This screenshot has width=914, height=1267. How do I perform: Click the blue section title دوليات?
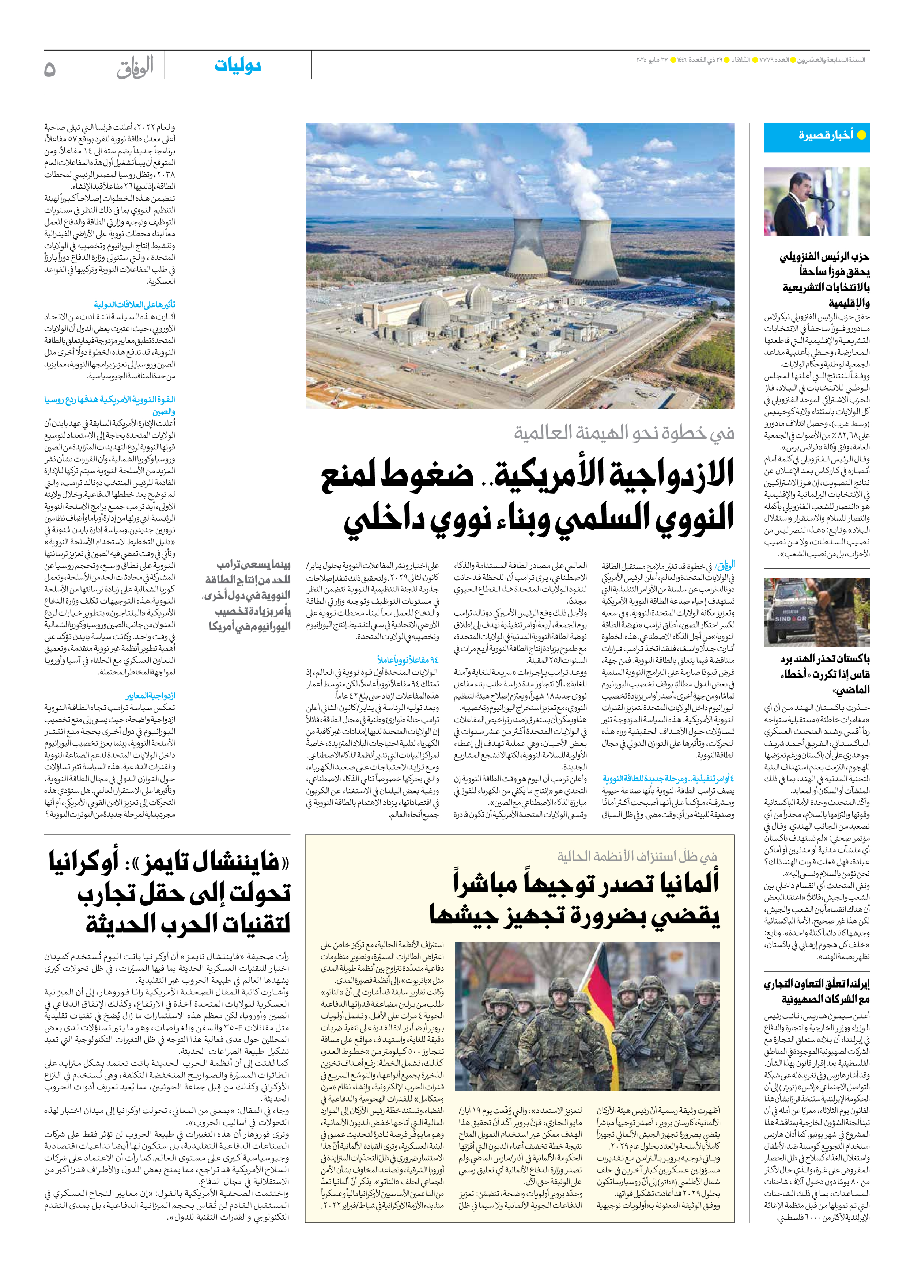click(238, 65)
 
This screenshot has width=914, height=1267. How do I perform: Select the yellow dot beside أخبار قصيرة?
click(861, 135)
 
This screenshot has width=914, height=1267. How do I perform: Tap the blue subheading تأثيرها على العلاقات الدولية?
click(134, 304)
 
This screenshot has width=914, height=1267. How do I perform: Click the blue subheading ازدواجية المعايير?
click(150, 696)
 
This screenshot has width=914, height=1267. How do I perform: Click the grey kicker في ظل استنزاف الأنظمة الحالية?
click(637, 856)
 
